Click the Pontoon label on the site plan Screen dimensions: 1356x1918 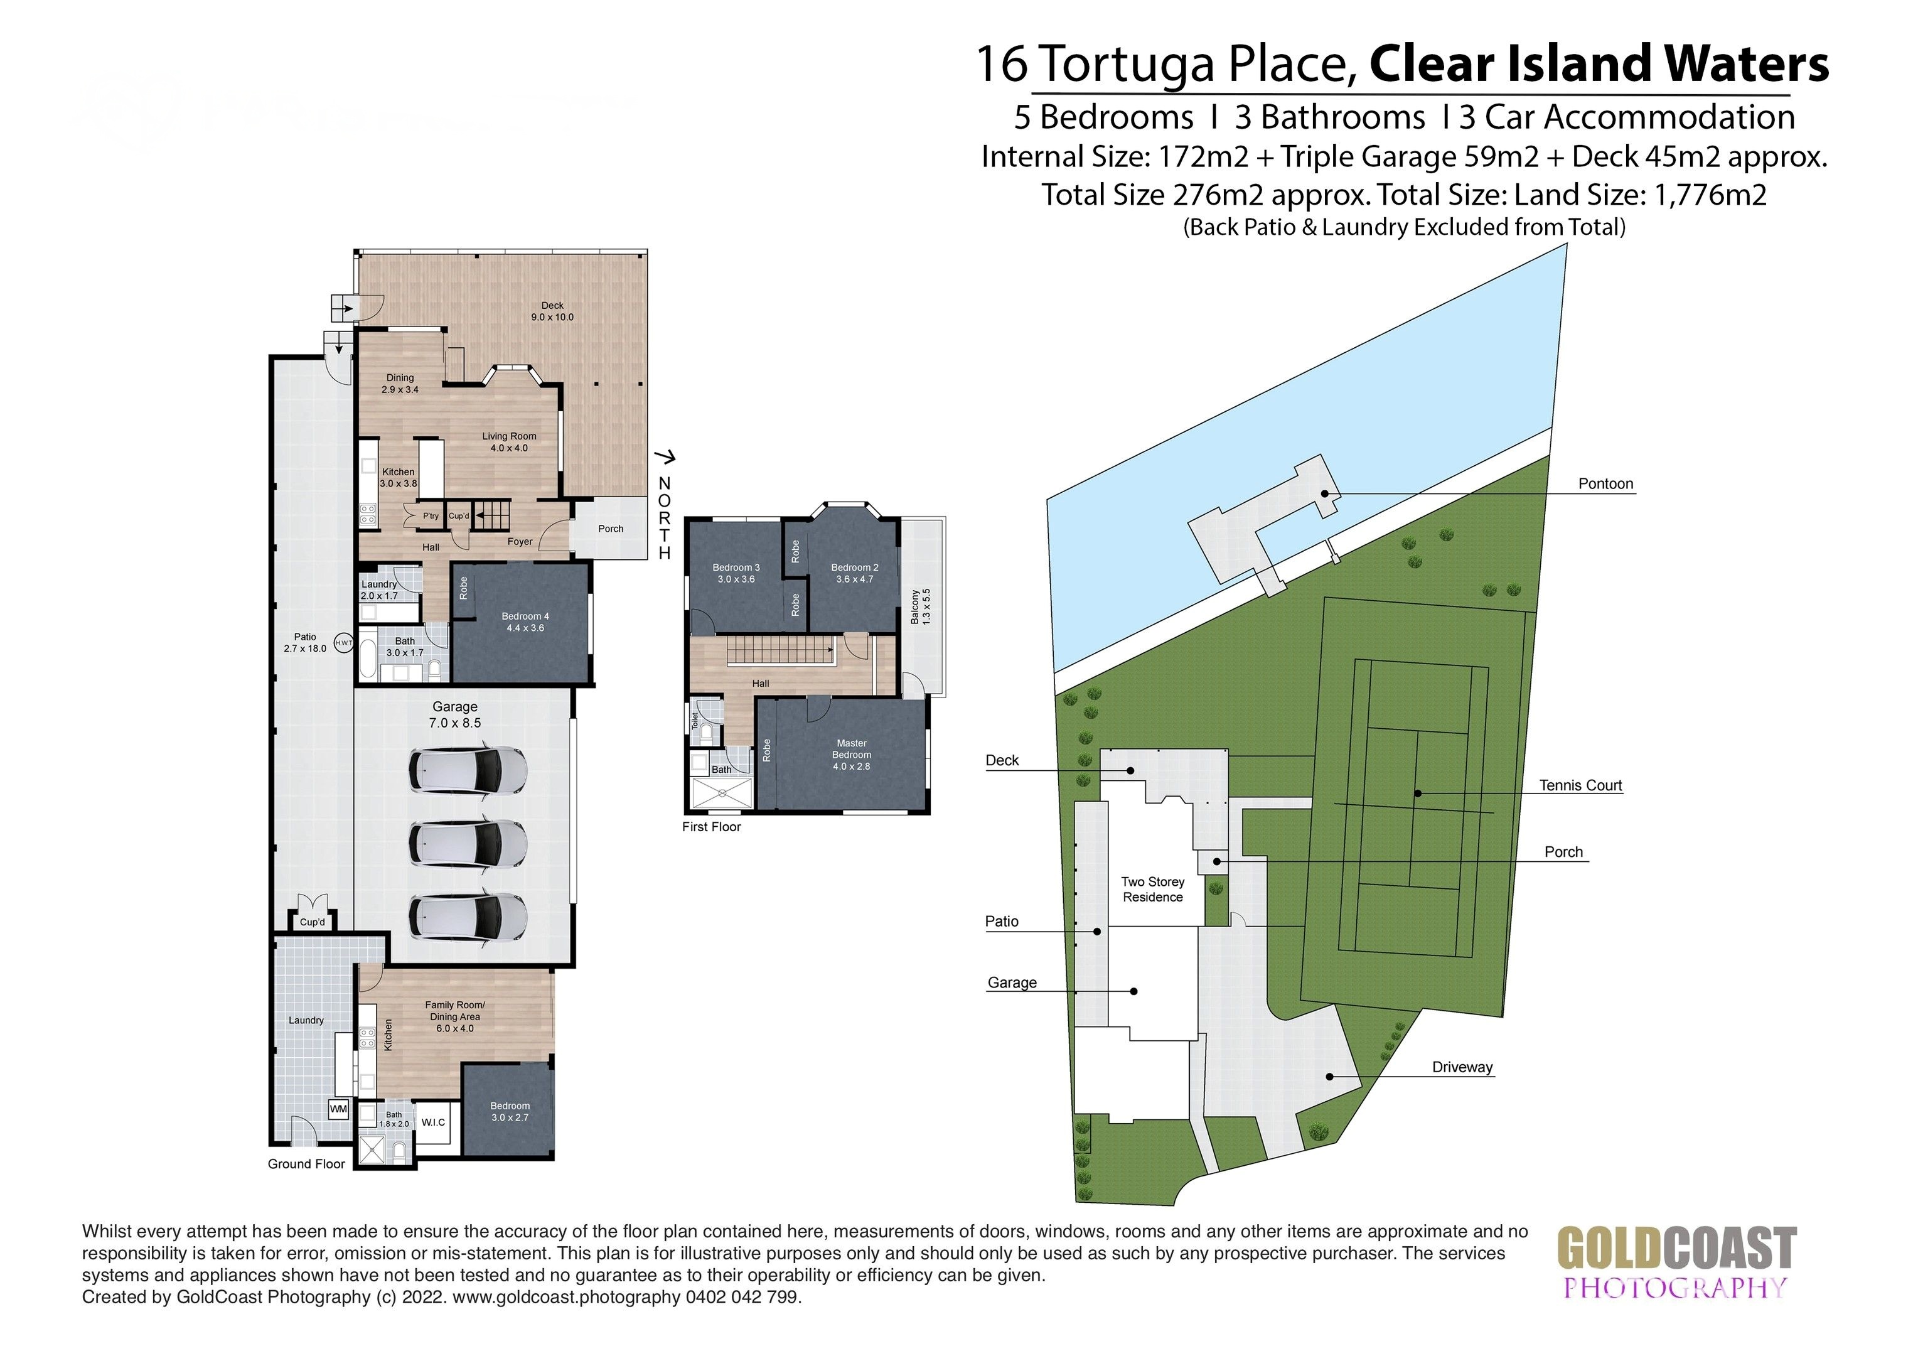[1605, 484]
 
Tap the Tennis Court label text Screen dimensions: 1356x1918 [1580, 785]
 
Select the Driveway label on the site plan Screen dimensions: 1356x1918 [1462, 1067]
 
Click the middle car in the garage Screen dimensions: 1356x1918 [468, 843]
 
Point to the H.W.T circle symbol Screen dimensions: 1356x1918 [343, 642]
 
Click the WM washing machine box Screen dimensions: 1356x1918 [338, 1109]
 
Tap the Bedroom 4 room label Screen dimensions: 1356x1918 [525, 622]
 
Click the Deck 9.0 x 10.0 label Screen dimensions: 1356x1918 [552, 311]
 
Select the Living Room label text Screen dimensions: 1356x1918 [509, 442]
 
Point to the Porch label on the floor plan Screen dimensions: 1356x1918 [611, 529]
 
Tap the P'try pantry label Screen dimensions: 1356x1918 [430, 516]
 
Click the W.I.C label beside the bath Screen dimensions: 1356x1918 [432, 1122]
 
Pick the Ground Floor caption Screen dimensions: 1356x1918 [306, 1164]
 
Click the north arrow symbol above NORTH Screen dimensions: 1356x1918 [666, 457]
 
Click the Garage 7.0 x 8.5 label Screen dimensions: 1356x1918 [454, 714]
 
